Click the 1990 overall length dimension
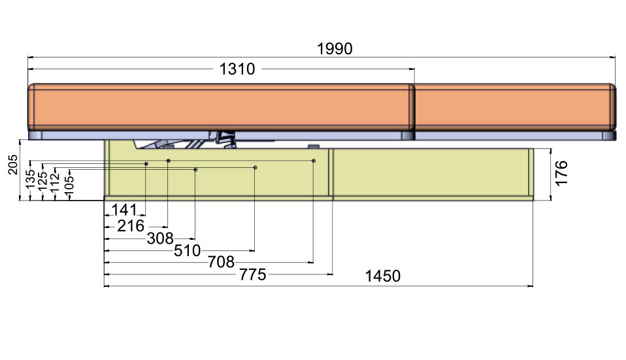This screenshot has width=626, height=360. coord(335,49)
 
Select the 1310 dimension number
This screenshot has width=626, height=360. coord(237,69)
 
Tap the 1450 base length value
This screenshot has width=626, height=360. coord(383,276)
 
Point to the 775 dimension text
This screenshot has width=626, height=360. coord(253,274)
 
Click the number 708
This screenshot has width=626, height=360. coord(221,262)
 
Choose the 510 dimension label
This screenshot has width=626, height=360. coord(188,251)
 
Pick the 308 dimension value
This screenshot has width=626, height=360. coord(160,238)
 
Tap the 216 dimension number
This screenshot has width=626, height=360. coord(131,226)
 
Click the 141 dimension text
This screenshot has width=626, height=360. coord(124,210)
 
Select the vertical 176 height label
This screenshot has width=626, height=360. coord(561,173)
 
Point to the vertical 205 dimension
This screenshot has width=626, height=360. coord(13,165)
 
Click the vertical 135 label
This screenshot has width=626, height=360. coord(30,180)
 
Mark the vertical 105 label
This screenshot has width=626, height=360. coord(69,184)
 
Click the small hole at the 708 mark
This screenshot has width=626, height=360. coord(314,161)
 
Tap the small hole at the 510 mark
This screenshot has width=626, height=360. coord(255,168)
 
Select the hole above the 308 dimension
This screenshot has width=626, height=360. coord(195,170)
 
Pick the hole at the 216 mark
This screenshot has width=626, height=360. coord(169,161)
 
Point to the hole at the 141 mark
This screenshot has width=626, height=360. coord(146,163)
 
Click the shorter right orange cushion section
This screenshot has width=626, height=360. coord(515,107)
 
